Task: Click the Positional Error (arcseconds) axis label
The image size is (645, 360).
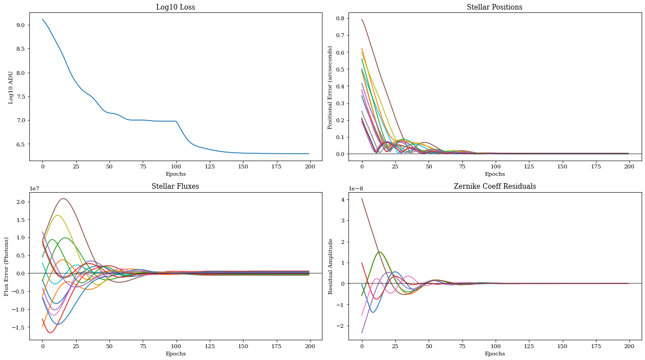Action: click(331, 87)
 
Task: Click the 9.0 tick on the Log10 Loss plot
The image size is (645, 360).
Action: click(20, 25)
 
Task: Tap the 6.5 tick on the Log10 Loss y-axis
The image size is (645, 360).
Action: click(20, 144)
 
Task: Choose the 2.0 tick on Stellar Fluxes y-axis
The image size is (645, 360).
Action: click(20, 202)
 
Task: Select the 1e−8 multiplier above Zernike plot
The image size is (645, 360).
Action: click(356, 189)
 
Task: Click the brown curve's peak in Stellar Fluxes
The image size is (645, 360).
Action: click(64, 198)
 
